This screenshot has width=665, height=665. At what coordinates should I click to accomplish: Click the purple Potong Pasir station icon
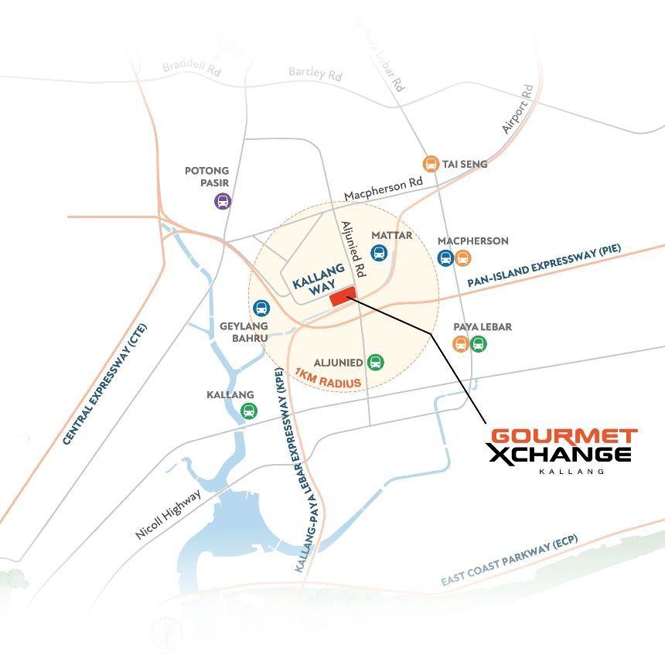(x=223, y=202)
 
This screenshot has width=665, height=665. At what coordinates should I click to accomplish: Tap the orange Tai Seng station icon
(x=431, y=164)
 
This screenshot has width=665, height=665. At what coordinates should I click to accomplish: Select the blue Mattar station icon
(x=379, y=252)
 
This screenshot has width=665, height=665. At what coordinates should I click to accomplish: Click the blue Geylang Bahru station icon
(x=262, y=309)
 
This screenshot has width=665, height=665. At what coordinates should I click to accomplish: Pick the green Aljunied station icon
(x=375, y=361)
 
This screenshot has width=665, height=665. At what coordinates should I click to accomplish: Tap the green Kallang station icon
(x=248, y=411)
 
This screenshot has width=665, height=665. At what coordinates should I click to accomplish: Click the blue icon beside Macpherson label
(x=445, y=258)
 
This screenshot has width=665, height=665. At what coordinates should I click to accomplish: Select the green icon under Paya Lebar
(x=478, y=343)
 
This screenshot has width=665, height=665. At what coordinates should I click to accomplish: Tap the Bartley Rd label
(x=315, y=74)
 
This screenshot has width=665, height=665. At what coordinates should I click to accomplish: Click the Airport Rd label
(x=518, y=109)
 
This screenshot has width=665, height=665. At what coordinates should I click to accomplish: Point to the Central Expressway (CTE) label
(x=104, y=384)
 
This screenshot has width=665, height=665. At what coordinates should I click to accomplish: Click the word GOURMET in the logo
(x=564, y=437)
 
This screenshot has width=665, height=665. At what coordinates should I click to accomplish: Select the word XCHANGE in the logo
(x=559, y=455)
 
